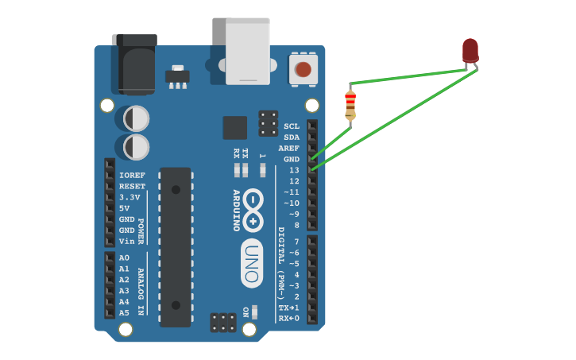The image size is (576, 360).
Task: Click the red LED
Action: [470, 50]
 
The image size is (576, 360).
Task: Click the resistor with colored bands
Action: [350, 106]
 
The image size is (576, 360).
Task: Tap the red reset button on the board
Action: [303, 69]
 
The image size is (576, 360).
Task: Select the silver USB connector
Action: [247, 51]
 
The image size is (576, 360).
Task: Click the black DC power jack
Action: [134, 64]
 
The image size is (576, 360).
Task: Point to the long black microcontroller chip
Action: [176, 246]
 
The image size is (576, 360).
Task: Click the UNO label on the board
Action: [252, 263]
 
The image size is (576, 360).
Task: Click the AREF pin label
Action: [289, 149]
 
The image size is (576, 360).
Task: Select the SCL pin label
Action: [292, 126]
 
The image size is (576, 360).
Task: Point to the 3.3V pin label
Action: [130, 197]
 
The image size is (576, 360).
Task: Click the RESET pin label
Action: [132, 186]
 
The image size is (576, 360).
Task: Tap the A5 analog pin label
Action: [124, 313]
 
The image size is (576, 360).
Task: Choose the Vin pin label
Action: [126, 242]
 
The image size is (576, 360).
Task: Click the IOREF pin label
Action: [132, 175]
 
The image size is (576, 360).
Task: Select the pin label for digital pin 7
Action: [296, 242]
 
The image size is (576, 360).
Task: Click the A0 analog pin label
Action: [124, 257]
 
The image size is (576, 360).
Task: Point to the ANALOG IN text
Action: [141, 292]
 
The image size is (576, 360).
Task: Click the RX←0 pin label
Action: [289, 319]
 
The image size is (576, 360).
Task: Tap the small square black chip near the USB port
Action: [234, 128]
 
